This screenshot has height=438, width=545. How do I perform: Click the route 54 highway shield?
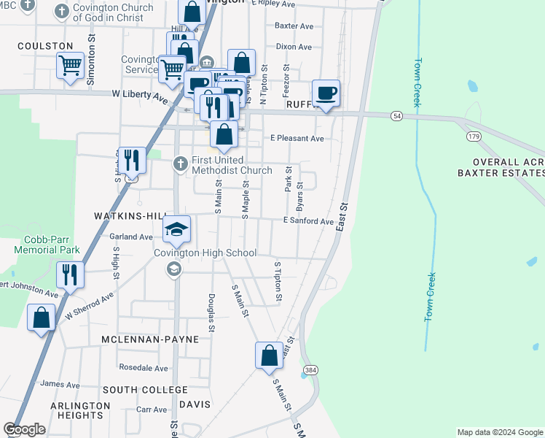click(x=396, y=116)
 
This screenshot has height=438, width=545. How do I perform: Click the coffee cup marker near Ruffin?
click(x=326, y=93)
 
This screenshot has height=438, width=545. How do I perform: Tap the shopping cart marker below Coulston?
click(x=70, y=66)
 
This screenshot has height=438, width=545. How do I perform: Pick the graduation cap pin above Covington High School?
click(x=176, y=230)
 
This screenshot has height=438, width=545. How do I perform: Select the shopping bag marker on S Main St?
click(x=269, y=355)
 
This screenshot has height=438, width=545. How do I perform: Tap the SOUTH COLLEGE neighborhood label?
click(x=145, y=390)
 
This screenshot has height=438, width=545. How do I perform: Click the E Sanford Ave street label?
click(x=308, y=221)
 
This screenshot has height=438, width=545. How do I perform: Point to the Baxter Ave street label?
click(x=294, y=26)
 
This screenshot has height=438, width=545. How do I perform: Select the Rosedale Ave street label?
click(x=144, y=368)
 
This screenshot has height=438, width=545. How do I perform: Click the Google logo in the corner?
click(x=24, y=429)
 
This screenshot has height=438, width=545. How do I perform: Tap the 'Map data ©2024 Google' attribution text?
click(x=500, y=432)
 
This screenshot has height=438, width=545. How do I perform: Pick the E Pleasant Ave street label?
click(x=297, y=138)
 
